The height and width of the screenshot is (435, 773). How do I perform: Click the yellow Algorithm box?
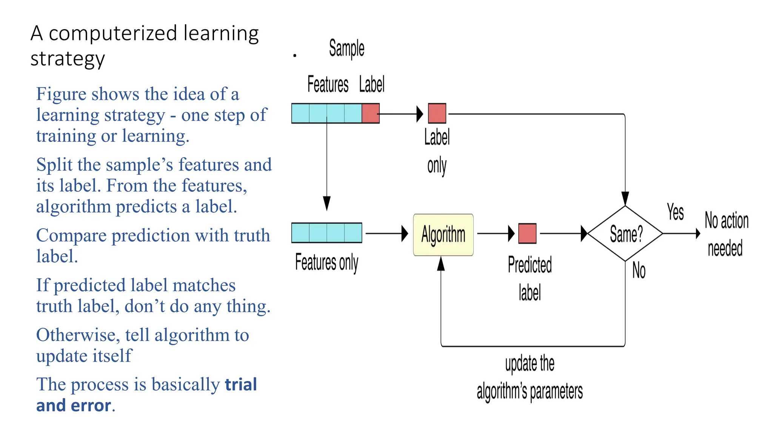443,235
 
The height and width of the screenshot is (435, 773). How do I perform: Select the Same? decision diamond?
625,234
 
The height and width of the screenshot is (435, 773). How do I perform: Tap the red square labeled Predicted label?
527,233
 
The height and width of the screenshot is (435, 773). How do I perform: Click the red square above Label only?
437,113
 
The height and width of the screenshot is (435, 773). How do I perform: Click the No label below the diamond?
639,270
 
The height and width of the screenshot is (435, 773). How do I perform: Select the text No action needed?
726,234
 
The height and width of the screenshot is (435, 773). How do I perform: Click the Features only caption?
326,262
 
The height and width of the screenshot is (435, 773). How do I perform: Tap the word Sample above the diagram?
346,48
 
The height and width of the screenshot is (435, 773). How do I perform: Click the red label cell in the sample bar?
370,113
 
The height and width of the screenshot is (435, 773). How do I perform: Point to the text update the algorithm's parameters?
530,378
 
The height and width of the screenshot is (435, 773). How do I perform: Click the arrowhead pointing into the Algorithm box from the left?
405,233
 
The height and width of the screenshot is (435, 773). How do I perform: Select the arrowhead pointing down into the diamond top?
625,198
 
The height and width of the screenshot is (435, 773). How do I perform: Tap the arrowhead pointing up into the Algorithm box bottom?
441,264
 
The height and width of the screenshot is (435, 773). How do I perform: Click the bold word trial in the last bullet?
241,385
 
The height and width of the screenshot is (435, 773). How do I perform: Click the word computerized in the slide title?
113,33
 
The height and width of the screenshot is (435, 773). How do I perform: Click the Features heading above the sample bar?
328,84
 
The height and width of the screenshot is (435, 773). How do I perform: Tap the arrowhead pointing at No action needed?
698,234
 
